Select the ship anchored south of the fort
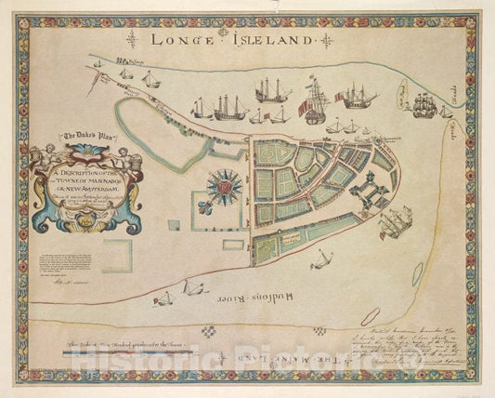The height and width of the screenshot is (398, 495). (397, 221)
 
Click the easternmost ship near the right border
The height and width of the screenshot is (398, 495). (425, 104)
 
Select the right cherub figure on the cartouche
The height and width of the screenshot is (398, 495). (131, 153)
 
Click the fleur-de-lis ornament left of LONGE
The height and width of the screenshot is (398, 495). (132, 39)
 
